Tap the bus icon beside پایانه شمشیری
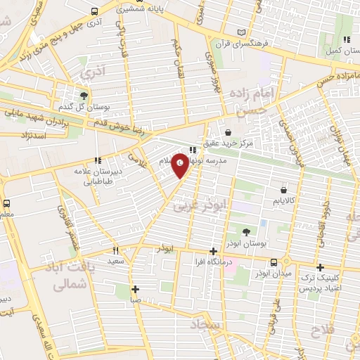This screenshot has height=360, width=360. pos(95,11)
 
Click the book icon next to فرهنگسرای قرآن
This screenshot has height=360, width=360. pos(243,33)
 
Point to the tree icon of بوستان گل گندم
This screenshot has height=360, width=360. pos(84,96)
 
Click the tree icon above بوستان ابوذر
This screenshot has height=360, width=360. pos(246,231)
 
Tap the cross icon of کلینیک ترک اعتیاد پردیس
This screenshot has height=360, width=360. pos(321,267)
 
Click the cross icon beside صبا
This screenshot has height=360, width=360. pos(135,289)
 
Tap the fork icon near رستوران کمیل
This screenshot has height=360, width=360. pos(345,39)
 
